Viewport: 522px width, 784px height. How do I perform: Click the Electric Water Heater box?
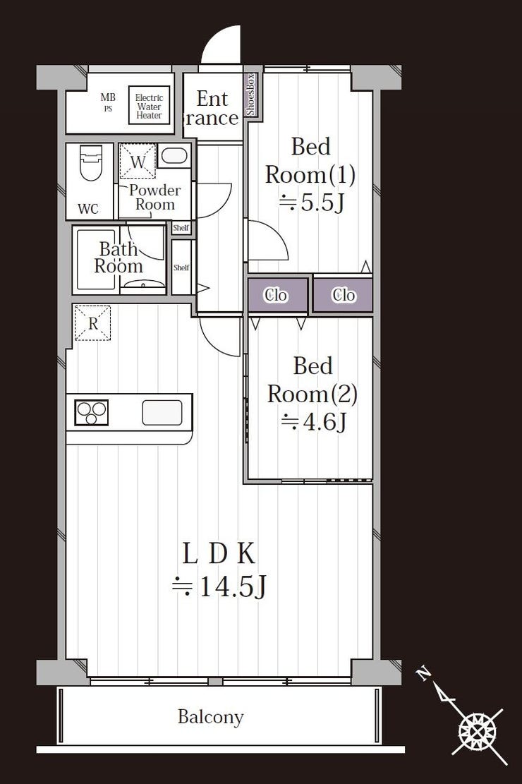click(149, 106)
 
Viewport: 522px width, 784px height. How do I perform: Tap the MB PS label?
click(108, 102)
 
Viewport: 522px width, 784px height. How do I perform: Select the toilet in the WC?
click(90, 162)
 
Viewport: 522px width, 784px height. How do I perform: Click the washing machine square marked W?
click(138, 161)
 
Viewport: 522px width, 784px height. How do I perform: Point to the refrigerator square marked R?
click(92, 323)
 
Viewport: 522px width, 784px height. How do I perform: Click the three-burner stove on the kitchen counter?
click(92, 413)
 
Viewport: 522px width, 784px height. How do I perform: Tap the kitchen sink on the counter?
click(162, 413)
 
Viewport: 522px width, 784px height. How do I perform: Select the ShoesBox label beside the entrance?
click(251, 95)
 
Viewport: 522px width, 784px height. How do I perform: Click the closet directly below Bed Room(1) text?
click(278, 295)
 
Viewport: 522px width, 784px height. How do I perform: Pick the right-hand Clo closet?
click(343, 295)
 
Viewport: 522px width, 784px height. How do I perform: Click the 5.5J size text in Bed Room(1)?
click(312, 203)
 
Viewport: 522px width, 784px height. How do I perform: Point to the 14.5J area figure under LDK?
click(219, 586)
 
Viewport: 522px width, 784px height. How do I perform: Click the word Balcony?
click(210, 717)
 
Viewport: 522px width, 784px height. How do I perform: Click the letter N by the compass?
click(424, 675)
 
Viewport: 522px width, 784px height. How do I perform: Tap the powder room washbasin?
click(174, 155)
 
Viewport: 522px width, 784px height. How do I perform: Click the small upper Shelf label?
click(181, 228)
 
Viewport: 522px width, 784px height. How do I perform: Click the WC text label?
click(88, 209)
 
